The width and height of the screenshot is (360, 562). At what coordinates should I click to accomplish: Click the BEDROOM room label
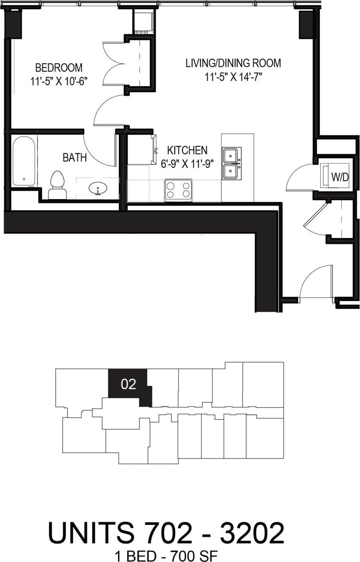[x=59, y=68]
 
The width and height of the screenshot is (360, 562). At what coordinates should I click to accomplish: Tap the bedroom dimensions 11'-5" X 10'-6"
[x=59, y=81]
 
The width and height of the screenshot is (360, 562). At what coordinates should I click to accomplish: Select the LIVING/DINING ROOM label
[x=233, y=63]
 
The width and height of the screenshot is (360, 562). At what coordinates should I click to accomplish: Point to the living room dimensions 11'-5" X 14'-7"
[x=233, y=76]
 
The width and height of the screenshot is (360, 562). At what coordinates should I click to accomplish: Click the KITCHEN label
[x=187, y=150]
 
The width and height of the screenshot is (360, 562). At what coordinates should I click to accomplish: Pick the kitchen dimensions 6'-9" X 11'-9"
[x=187, y=163]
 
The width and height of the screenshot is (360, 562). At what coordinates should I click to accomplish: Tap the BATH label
[x=75, y=158]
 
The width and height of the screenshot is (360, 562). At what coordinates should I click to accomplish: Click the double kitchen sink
[x=232, y=163]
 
